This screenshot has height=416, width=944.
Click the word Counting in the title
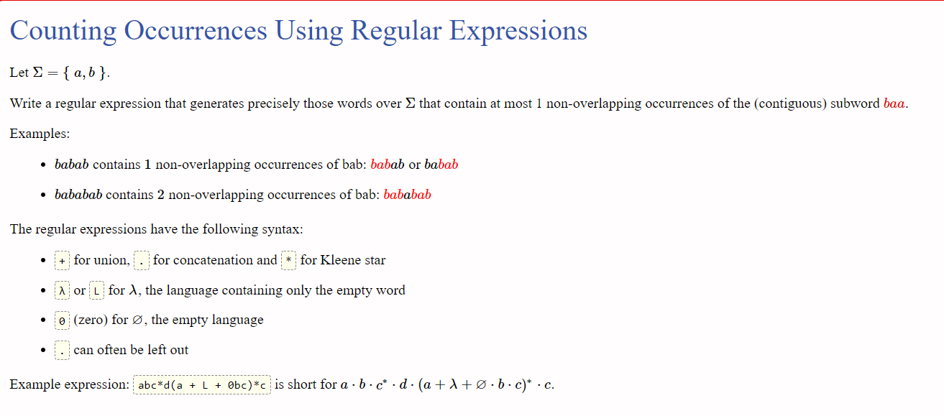[x=63, y=31]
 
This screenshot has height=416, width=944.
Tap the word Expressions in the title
[x=518, y=31]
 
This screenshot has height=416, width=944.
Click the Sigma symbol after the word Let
[x=38, y=73]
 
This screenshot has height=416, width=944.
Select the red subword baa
[x=894, y=103]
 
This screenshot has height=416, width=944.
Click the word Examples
[x=40, y=134]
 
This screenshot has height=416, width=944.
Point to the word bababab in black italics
[x=78, y=195]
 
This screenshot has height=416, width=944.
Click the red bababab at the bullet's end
[x=407, y=195]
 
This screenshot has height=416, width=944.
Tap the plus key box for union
[x=62, y=261]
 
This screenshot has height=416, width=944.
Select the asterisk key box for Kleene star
[x=289, y=261]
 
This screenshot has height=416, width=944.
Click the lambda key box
[x=62, y=290]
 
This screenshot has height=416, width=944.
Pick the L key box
[x=96, y=290]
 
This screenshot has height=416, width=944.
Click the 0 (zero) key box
[x=62, y=320]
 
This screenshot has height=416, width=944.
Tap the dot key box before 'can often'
[x=62, y=351]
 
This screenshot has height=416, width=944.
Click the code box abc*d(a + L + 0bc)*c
[x=202, y=385]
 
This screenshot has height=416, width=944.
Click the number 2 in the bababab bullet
[x=160, y=195]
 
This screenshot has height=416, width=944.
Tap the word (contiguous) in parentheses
[x=790, y=103]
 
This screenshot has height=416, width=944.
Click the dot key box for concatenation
[x=142, y=261]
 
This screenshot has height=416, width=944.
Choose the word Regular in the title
[x=395, y=31]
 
